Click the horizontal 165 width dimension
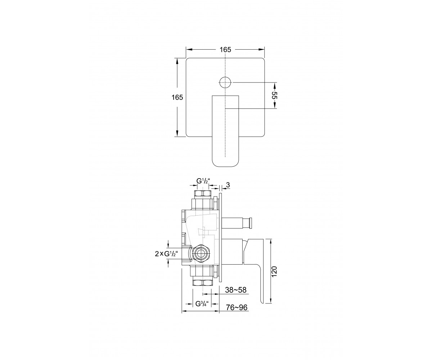[225, 50]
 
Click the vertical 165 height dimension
[177, 97]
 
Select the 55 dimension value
[274, 95]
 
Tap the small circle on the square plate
[225, 82]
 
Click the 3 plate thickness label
[228, 185]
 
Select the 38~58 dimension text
[236, 290]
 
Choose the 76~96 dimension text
[237, 308]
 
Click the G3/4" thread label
[202, 303]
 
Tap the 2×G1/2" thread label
[166, 254]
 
